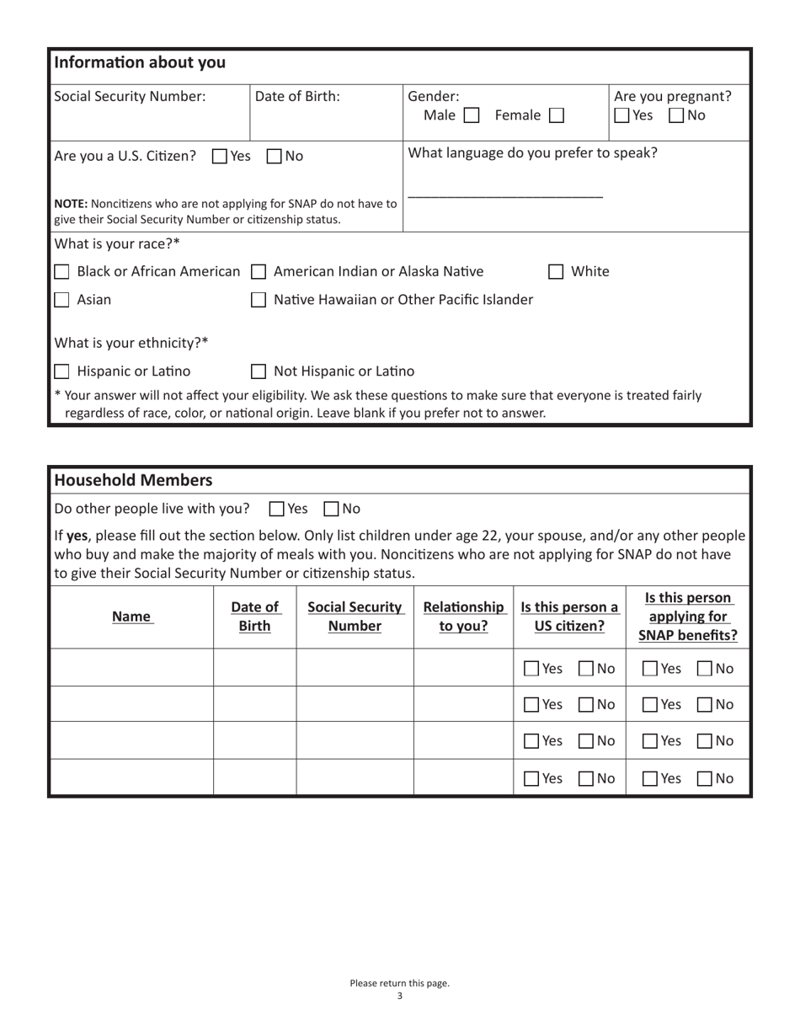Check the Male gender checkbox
point(472,115)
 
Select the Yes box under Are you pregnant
point(621,115)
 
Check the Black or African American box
point(62,272)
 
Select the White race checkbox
point(556,272)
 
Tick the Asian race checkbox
point(62,300)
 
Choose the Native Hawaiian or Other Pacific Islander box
point(260,300)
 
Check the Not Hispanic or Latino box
point(260,371)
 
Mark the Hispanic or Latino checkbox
point(62,371)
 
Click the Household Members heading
point(133,481)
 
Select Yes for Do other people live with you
point(277,509)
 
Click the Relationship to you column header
point(463,617)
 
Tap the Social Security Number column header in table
point(355,617)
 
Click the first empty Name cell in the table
point(131,668)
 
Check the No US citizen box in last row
point(586,779)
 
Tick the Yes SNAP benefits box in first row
point(651,669)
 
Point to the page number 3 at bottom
point(399,996)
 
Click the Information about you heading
point(140,62)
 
